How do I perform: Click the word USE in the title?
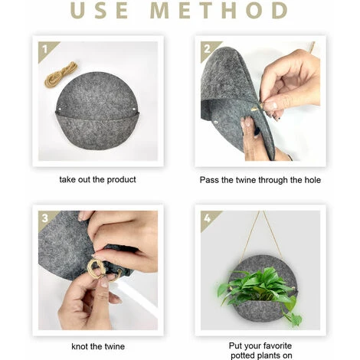pyautogui.click(x=99, y=10)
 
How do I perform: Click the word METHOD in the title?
pyautogui.click(x=219, y=10)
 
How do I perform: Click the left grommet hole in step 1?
pyautogui.click(x=60, y=109)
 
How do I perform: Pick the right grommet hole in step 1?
pyautogui.click(x=134, y=109)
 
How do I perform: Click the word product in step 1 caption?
pyautogui.click(x=121, y=180)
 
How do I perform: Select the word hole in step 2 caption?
pyautogui.click(x=313, y=180)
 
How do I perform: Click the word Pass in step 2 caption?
pyautogui.click(x=209, y=180)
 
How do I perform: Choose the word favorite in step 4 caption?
pyautogui.click(x=277, y=345)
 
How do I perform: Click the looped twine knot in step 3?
pyautogui.click(x=97, y=269)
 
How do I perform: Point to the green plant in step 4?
pyautogui.click(x=259, y=291)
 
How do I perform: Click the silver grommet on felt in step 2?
pyautogui.click(x=217, y=123)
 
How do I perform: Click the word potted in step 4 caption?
pyautogui.click(x=243, y=355)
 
